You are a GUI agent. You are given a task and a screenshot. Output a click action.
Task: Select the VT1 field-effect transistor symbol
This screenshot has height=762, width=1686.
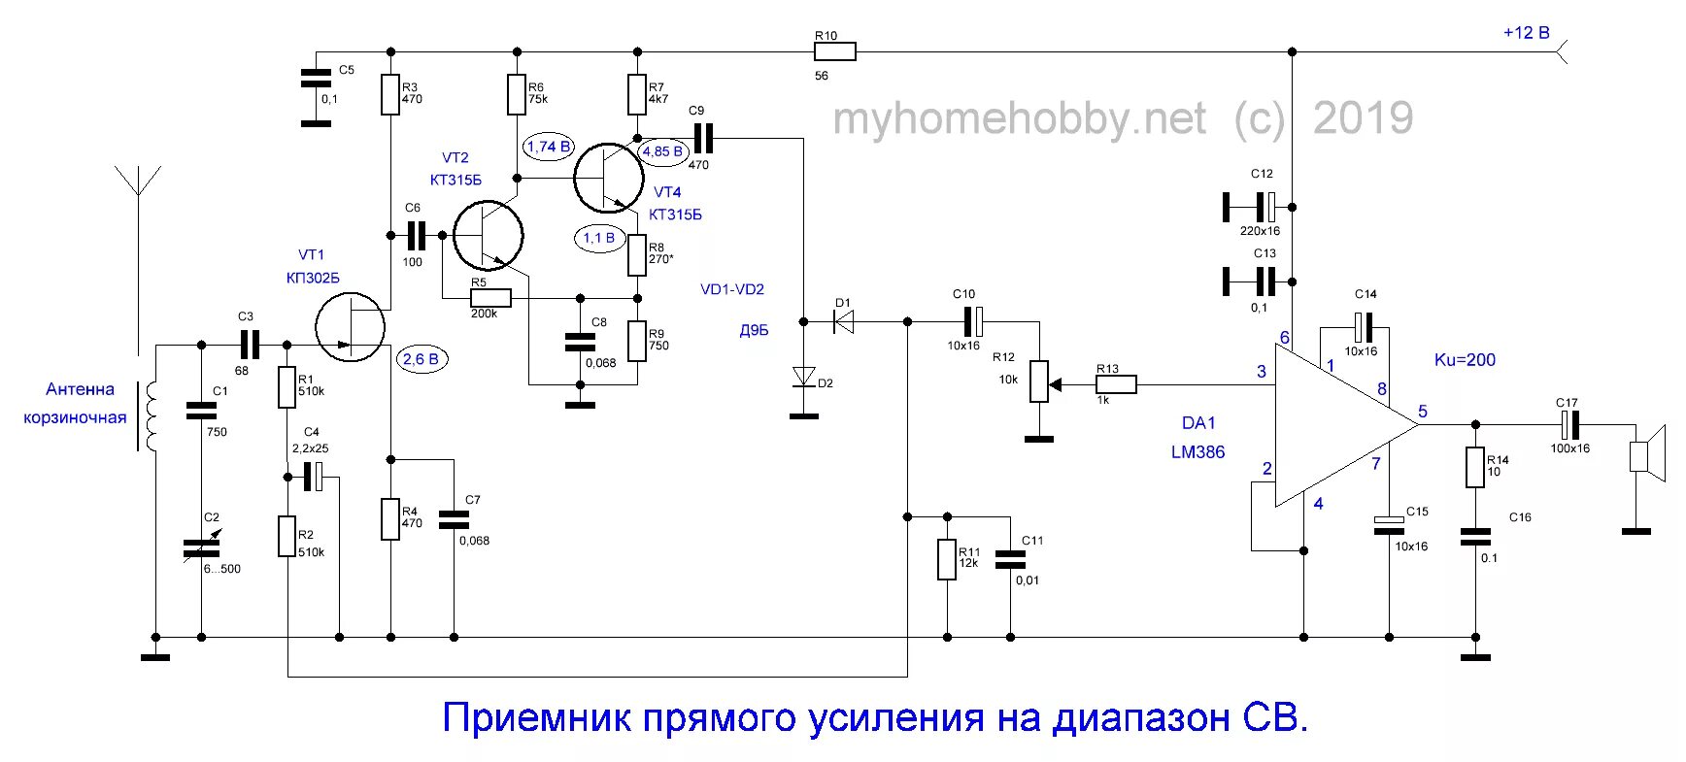350,327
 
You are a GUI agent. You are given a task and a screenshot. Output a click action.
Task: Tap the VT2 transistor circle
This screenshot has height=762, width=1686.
488,235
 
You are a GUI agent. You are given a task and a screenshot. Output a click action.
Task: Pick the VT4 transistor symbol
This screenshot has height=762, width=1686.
609,178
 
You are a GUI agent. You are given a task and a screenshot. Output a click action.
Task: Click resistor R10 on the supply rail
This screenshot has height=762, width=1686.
834,51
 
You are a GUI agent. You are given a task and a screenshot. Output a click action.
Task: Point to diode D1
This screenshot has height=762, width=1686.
843,321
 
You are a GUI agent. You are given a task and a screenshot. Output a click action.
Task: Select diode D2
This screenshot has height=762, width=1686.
803,376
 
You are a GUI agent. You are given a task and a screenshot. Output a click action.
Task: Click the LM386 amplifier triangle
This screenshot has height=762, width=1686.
1340,424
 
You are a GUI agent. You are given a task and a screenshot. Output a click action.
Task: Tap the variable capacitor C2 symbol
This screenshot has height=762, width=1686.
202,548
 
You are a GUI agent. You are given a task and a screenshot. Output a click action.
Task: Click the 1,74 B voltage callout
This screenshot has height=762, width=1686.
549,147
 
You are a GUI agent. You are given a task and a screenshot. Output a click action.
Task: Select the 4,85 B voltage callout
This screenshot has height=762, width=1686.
662,151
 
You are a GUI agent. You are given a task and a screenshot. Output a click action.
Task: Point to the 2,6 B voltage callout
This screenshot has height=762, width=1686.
420,359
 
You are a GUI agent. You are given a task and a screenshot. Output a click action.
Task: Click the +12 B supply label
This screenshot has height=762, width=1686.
1526,33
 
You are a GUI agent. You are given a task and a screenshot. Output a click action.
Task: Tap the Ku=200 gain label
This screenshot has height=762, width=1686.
1465,360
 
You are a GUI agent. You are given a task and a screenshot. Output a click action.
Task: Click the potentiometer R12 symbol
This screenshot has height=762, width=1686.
1039,381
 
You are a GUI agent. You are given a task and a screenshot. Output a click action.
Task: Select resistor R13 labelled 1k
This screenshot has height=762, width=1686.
1116,385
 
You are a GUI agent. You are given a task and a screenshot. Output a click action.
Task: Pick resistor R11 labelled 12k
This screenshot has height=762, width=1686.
947,560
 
